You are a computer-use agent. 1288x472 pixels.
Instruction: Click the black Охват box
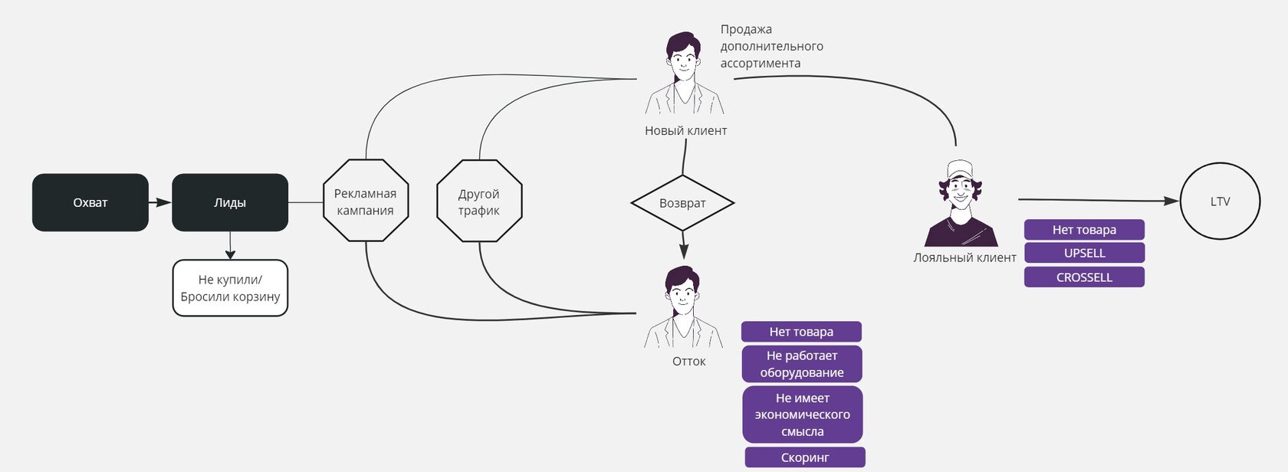90,202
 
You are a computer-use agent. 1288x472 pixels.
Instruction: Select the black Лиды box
230,202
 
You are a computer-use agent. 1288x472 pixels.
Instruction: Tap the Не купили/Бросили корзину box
230,288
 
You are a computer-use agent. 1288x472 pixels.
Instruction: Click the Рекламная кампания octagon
366,201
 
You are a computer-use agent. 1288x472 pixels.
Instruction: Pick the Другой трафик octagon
479,201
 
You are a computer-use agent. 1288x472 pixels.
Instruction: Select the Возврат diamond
682,203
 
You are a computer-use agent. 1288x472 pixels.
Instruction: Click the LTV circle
1220,202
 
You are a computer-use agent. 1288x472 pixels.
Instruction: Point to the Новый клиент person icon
684,74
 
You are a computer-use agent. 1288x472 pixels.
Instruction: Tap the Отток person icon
683,307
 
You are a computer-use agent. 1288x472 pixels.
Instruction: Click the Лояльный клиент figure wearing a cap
961,204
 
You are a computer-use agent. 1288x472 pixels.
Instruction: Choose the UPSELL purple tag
1084,253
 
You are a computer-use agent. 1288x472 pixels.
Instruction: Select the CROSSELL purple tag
1084,277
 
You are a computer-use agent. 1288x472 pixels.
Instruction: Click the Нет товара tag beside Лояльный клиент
1084,229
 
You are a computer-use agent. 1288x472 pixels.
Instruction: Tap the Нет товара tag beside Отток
801,332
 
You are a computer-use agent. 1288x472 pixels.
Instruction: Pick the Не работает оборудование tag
802,364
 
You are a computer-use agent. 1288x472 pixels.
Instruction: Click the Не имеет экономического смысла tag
802,415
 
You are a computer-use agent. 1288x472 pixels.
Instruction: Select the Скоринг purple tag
805,457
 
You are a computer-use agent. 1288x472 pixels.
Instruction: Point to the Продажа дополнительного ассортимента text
771,46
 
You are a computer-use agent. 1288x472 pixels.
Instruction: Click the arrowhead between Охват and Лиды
163,202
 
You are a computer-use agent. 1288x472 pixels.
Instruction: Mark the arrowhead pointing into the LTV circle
1171,201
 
